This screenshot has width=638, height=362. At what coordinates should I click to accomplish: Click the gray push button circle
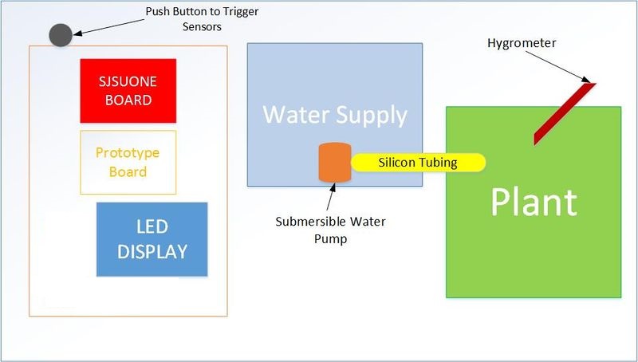(x=61, y=35)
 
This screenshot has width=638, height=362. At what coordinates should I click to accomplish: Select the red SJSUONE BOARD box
(x=128, y=91)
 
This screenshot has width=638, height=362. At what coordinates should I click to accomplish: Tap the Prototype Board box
(x=128, y=163)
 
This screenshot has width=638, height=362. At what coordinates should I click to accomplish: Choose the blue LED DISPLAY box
(x=152, y=239)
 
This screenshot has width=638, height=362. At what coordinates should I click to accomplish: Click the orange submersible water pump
(x=335, y=163)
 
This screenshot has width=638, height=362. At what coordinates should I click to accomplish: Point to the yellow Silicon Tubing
(x=418, y=163)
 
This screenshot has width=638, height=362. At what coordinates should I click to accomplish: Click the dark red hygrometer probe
(x=565, y=113)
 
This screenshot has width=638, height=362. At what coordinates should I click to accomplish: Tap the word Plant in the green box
(x=534, y=202)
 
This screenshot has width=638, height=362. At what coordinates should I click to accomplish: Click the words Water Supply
(x=335, y=115)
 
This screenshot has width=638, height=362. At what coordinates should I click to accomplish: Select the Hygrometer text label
(x=522, y=43)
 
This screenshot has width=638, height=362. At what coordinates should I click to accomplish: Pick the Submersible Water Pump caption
(x=330, y=230)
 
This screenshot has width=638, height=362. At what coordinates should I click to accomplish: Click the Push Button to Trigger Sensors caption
(x=202, y=18)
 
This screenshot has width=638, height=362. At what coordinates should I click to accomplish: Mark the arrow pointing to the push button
(x=109, y=27)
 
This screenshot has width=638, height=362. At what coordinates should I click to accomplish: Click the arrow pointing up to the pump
(x=331, y=197)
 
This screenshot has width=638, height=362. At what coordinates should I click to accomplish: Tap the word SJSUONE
(x=128, y=82)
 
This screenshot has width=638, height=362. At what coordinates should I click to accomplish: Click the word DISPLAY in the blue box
(x=152, y=252)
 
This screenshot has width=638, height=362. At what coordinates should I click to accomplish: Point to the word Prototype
(x=128, y=153)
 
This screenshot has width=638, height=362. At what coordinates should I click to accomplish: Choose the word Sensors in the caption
(x=202, y=27)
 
